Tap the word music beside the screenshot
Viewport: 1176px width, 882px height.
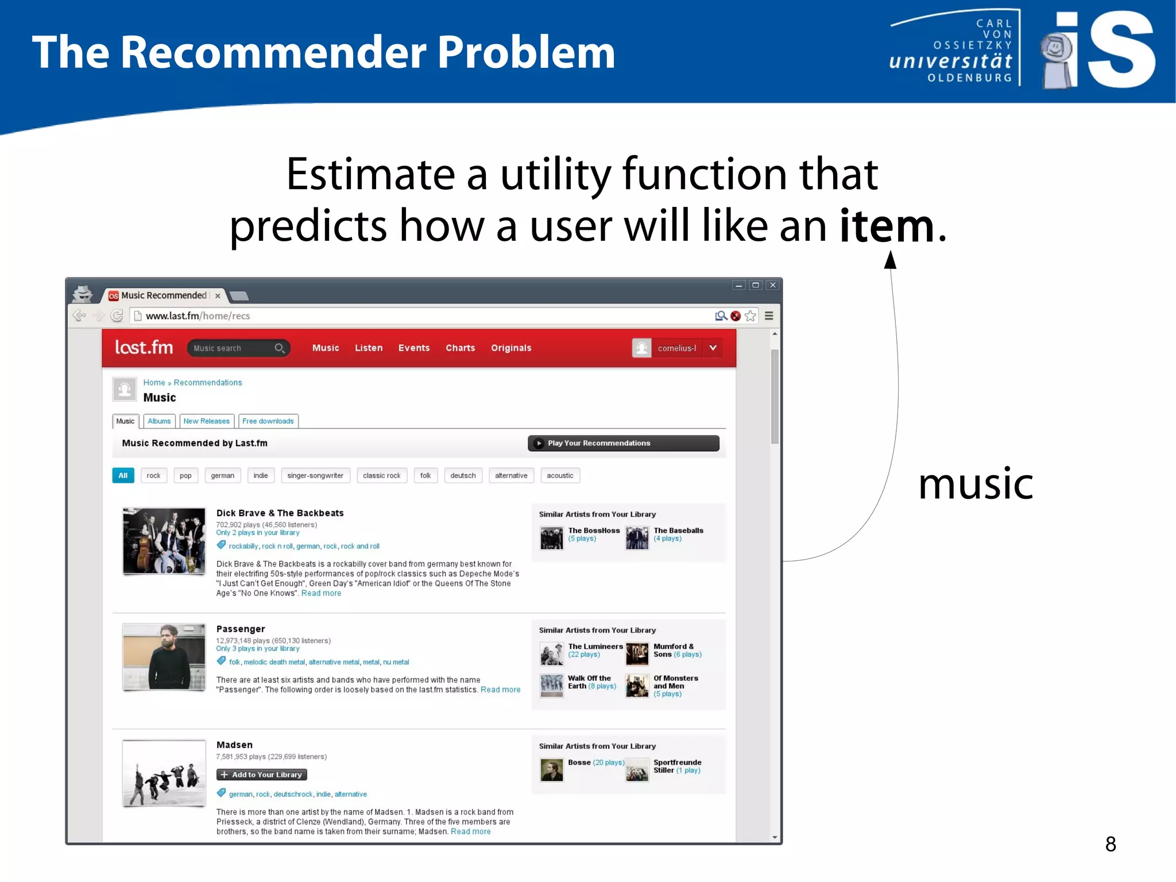(976, 484)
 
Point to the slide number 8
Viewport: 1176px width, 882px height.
(1111, 844)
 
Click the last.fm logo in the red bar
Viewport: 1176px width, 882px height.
(144, 348)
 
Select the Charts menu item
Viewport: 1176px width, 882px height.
(460, 348)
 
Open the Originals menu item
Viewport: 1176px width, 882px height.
(511, 348)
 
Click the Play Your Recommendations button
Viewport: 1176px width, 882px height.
(623, 443)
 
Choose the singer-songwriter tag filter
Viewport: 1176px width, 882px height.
(315, 476)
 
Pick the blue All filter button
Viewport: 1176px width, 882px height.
(123, 476)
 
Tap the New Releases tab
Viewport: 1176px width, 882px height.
(207, 421)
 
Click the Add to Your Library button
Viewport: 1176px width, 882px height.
(262, 775)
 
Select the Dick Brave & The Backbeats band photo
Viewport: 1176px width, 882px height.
(164, 541)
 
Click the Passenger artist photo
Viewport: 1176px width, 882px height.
(164, 657)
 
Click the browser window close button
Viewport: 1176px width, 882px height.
(773, 285)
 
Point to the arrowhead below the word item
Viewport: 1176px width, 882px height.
(890, 260)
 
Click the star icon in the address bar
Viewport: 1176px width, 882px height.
(751, 316)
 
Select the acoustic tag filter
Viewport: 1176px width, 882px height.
(560, 476)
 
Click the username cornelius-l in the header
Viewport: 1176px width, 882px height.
(677, 348)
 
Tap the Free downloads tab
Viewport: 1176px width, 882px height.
(268, 421)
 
